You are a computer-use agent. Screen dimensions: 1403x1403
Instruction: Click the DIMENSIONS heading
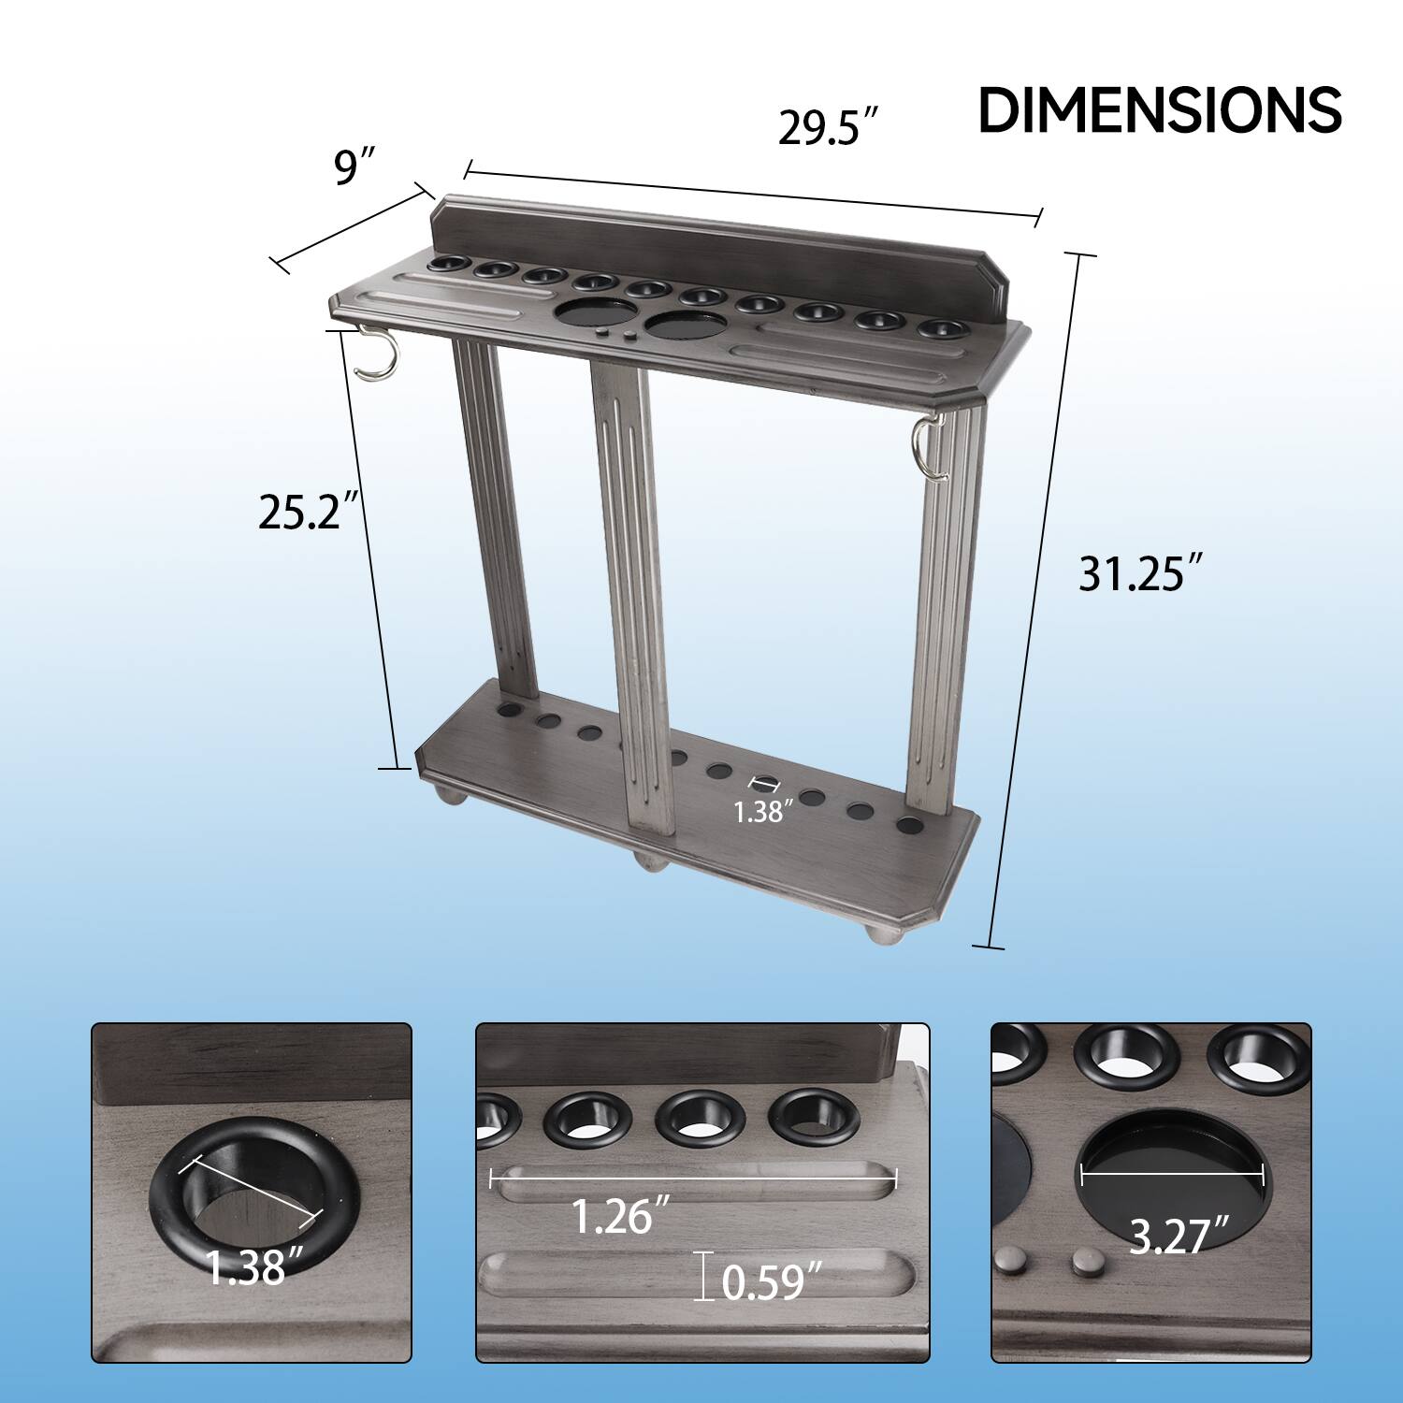pos(1159,110)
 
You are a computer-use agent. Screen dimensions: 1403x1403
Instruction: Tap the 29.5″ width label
pos(829,127)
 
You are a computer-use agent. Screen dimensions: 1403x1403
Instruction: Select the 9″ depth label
pos(354,167)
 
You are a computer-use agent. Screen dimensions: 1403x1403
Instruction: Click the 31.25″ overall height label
pos(1139,573)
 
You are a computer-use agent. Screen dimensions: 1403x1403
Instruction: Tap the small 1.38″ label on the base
pos(757,812)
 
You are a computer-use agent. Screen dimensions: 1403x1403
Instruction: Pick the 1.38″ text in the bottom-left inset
pos(246,1267)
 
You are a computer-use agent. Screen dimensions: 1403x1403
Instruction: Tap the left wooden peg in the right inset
pos(1009,1261)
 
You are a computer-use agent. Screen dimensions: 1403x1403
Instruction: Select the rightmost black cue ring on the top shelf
pos(940,329)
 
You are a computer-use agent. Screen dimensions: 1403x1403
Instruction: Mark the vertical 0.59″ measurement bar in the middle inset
pos(703,1276)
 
